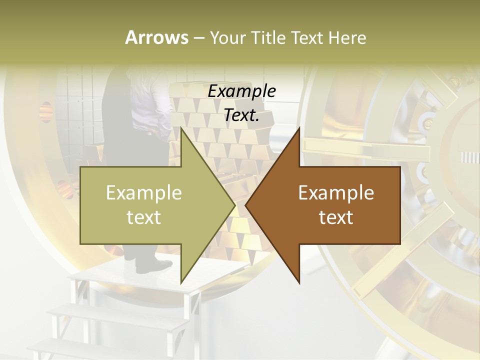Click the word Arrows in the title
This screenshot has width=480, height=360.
(x=156, y=37)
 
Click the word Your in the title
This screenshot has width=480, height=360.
(x=226, y=38)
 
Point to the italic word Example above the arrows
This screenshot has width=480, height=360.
(x=242, y=91)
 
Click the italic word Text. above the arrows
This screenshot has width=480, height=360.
(x=242, y=115)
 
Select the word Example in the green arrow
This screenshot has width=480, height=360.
(x=143, y=192)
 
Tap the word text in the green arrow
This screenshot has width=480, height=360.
(x=143, y=217)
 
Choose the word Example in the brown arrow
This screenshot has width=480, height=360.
(x=336, y=192)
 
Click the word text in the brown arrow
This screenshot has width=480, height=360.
(x=336, y=217)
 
